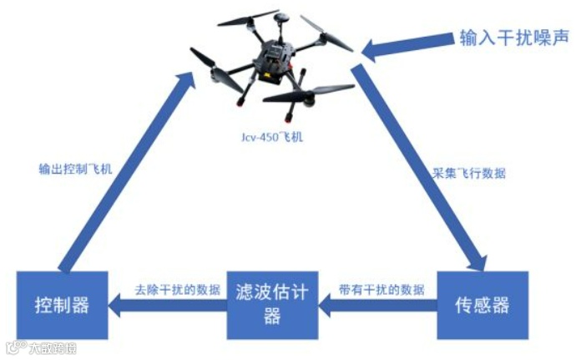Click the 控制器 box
click(63, 304)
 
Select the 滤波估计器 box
click(272, 304)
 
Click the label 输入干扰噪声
click(513, 38)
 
